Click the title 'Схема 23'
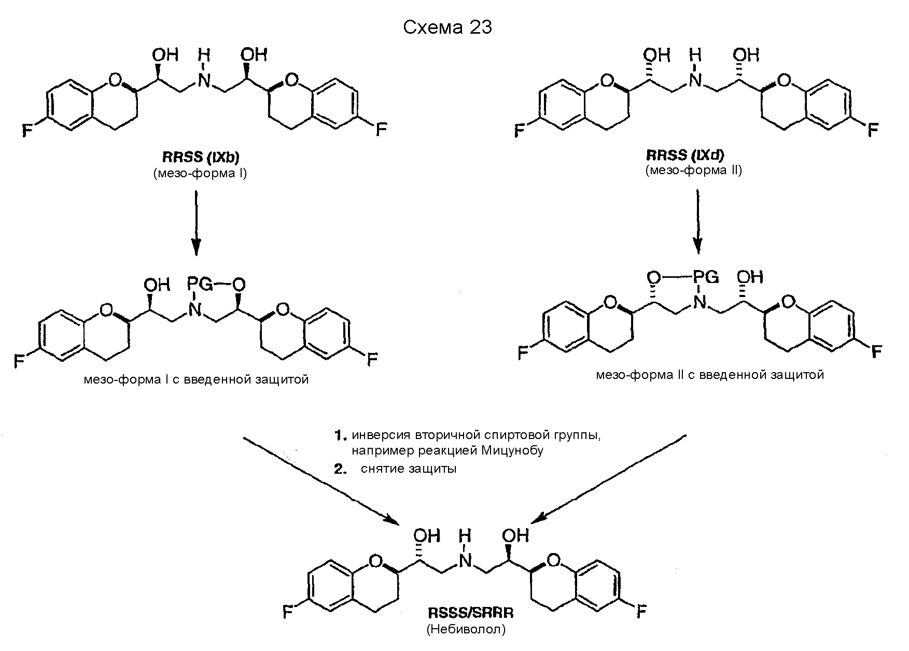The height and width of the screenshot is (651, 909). click(x=447, y=27)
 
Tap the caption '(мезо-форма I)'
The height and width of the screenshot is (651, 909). click(x=200, y=173)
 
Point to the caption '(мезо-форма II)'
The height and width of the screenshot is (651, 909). click(x=693, y=171)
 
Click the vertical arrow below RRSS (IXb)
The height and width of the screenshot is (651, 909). click(x=196, y=223)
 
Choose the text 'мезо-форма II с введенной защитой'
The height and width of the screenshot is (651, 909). click(x=709, y=374)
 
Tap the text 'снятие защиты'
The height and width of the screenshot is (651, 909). click(x=409, y=469)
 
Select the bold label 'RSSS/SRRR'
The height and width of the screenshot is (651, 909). click(x=470, y=613)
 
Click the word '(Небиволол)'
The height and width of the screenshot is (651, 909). click(x=466, y=630)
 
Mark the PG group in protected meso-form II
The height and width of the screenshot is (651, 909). click(x=705, y=277)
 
